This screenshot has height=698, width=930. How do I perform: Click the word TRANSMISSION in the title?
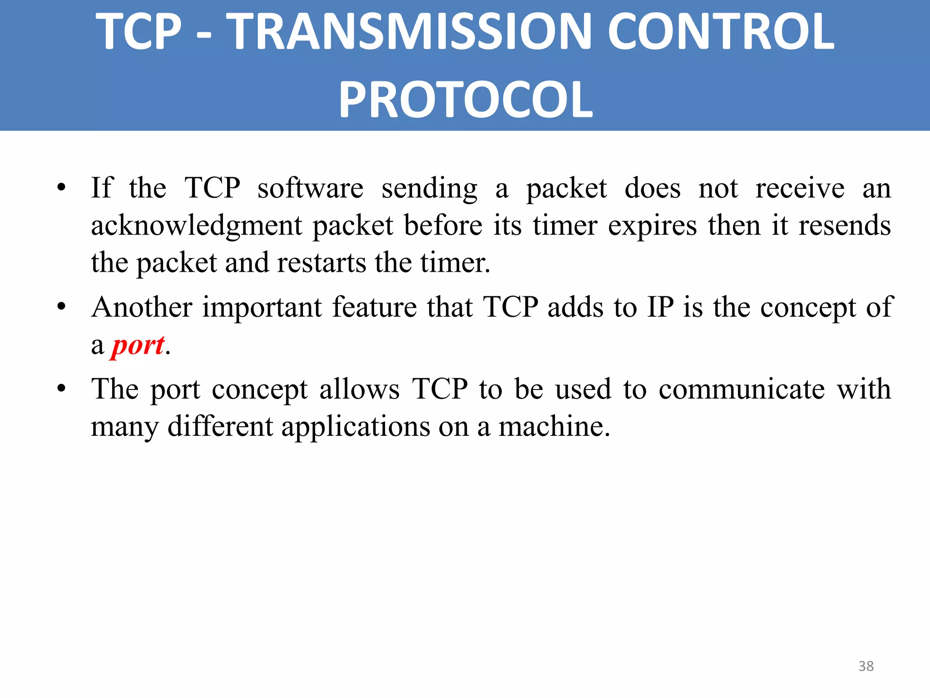[x=409, y=32]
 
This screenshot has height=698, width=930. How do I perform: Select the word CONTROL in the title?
[x=721, y=32]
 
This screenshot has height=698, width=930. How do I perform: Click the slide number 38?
[x=866, y=666]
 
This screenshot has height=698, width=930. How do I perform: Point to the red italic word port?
[x=138, y=345]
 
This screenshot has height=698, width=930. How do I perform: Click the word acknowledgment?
[x=196, y=226]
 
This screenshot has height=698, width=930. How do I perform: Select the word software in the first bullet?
[x=310, y=188]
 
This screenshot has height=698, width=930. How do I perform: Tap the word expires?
[x=652, y=226]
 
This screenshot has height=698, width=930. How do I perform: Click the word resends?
[x=844, y=226]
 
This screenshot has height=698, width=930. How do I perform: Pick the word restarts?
[x=321, y=263]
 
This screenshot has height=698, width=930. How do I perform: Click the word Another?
[x=142, y=307]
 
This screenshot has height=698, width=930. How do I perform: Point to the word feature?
[x=374, y=307]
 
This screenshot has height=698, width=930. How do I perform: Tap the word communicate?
[x=742, y=389]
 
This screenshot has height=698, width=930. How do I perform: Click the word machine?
[x=554, y=426]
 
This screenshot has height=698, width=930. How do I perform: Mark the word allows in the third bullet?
[x=359, y=389]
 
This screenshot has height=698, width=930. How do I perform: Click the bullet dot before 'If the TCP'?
[x=62, y=188]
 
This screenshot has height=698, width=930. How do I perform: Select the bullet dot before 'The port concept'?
[x=62, y=389]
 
